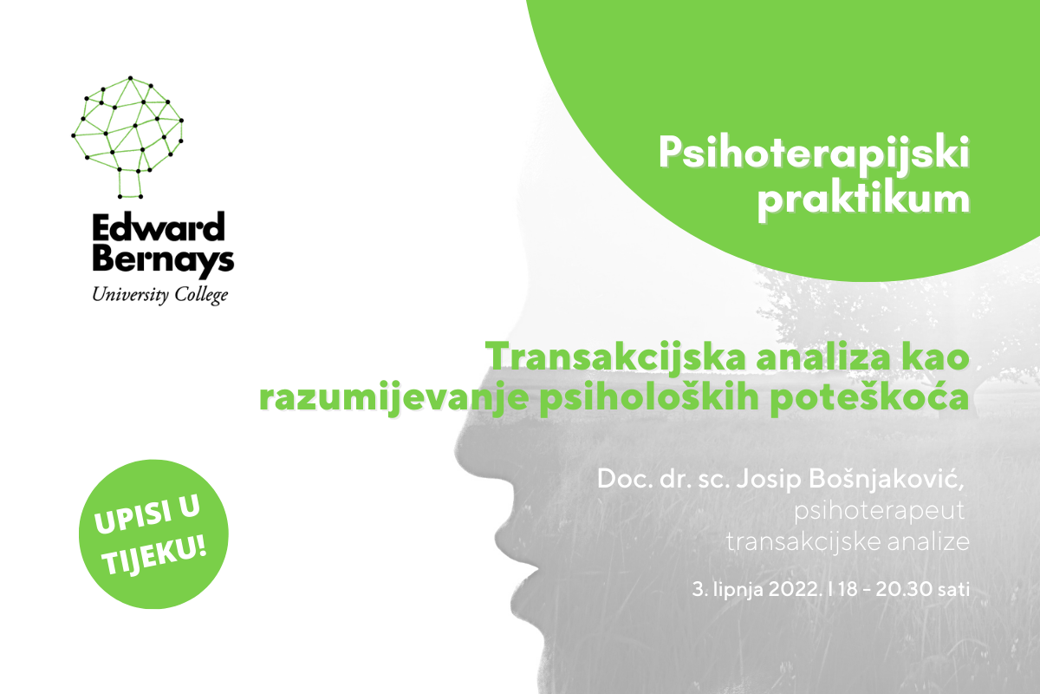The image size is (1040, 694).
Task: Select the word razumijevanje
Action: pos(394,398)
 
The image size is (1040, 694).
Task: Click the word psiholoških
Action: pos(649,398)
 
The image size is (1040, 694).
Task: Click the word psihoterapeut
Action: pos(879,511)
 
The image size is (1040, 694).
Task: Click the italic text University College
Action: pos(160,295)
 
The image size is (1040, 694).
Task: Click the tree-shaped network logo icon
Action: pos(127,137)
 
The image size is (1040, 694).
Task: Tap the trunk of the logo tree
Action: pos(129,184)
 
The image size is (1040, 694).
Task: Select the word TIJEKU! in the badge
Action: pos(153,555)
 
